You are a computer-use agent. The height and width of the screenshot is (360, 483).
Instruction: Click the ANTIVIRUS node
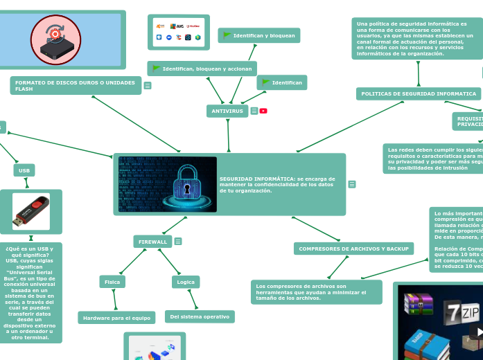tap(227, 111)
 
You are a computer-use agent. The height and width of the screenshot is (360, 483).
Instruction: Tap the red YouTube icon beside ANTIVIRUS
tap(263, 111)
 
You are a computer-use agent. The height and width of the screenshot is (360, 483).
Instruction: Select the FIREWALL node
tap(152, 242)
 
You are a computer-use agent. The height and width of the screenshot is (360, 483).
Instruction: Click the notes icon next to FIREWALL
tap(178, 242)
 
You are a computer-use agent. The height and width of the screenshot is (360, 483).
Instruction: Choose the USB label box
tap(24, 170)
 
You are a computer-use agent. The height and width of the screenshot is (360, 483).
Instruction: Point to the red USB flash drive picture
tap(30, 211)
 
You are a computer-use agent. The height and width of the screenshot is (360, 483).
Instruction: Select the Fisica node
tap(112, 282)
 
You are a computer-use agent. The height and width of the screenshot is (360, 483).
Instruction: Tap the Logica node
tap(186, 282)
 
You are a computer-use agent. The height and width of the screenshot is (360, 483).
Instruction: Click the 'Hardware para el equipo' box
tap(116, 318)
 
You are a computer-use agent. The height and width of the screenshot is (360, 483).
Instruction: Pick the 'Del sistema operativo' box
tap(200, 316)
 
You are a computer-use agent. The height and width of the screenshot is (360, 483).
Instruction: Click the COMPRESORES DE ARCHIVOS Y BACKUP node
tap(353, 249)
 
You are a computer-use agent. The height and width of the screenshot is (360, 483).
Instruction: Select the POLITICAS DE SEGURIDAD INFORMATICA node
tap(419, 93)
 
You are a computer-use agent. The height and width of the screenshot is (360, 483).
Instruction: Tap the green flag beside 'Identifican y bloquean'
tap(227, 35)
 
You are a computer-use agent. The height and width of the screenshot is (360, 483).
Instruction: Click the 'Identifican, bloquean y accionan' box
tap(202, 69)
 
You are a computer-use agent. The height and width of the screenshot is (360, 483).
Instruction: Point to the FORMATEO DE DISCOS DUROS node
tap(76, 86)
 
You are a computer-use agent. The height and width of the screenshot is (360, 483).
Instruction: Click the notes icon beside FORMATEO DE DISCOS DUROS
tap(148, 86)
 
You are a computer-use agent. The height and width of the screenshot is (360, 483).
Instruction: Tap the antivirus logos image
tap(179, 32)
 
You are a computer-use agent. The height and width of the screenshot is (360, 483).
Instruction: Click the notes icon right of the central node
tap(352, 184)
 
